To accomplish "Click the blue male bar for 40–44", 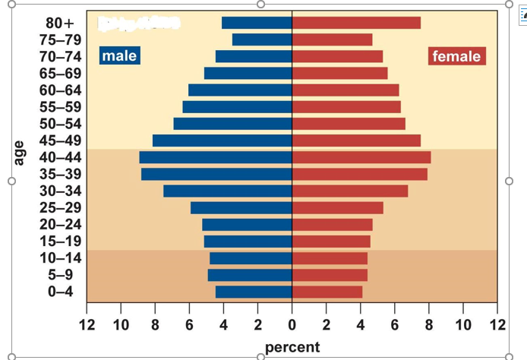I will tap(216, 157).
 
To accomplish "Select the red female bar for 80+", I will tap(356, 23).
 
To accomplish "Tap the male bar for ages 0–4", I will tap(254, 292).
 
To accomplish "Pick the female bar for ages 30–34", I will tap(350, 191).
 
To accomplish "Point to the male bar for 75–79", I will tap(262, 39).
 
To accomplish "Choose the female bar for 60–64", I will tap(346, 90).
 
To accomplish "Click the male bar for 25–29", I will tap(241, 207).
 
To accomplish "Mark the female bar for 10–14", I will tap(330, 258).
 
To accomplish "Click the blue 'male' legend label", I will tap(119, 55).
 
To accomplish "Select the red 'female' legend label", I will tap(457, 56).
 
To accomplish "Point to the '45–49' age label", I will tap(60, 141).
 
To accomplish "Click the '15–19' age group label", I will tap(60, 241).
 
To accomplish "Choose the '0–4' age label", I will tap(60, 292).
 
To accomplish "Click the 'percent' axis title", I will tap(292, 347).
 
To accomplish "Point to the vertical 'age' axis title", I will tap(20, 152).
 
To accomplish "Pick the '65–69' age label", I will tap(60, 73).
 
